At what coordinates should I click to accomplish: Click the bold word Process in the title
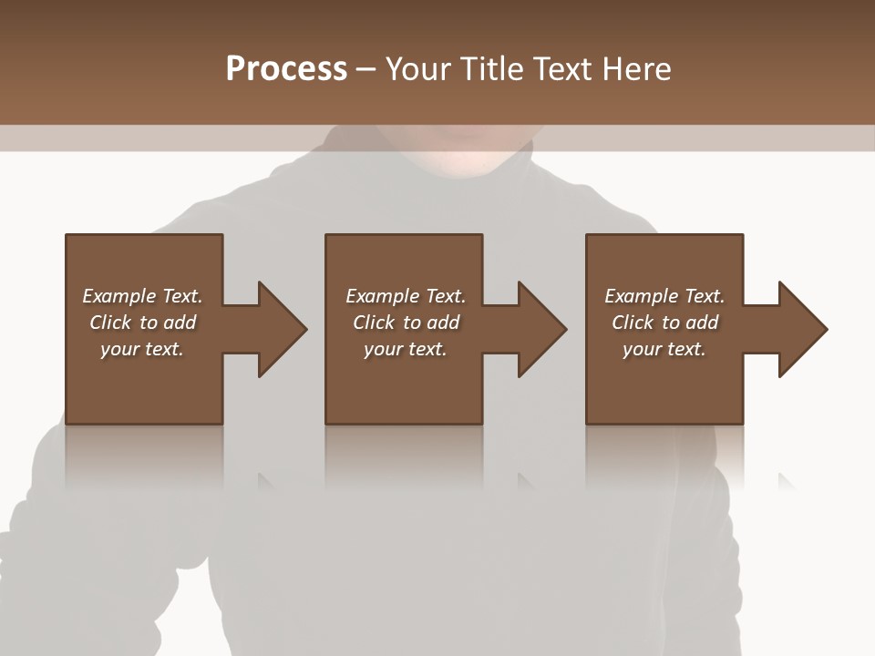pyautogui.click(x=286, y=69)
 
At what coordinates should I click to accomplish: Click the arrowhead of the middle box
pyautogui.click(x=541, y=329)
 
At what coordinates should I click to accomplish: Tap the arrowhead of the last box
pyautogui.click(x=802, y=329)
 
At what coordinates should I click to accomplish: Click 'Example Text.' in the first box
pyautogui.click(x=142, y=296)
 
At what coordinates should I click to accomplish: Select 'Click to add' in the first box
pyautogui.click(x=142, y=323)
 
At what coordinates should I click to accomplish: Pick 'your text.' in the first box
pyautogui.click(x=142, y=349)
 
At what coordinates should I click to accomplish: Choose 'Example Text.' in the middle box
pyautogui.click(x=406, y=296)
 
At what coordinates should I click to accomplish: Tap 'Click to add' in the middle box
pyautogui.click(x=406, y=323)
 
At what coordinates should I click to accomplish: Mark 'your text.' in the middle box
pyautogui.click(x=406, y=349)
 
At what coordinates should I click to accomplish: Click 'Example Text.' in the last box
pyautogui.click(x=664, y=296)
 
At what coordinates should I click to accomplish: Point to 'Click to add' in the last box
pyautogui.click(x=664, y=323)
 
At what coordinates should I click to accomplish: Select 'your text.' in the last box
pyautogui.click(x=664, y=349)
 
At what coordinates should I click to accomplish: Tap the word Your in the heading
pyautogui.click(x=419, y=69)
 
